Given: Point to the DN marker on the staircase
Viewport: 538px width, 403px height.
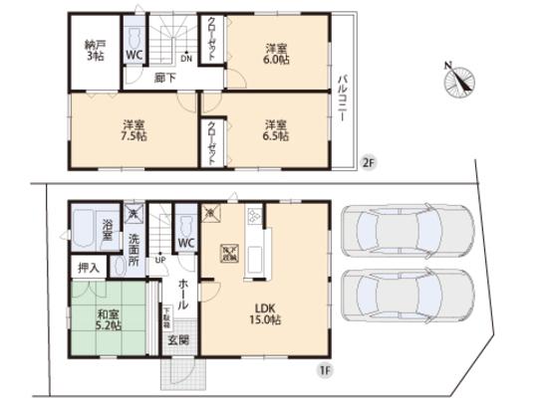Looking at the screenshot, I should coord(185,57).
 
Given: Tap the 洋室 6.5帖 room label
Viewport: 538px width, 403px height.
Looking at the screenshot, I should coord(277,130).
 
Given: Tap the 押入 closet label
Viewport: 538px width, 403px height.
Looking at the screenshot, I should coord(89,268).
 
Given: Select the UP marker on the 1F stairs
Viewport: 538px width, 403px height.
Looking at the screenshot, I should coord(160,261).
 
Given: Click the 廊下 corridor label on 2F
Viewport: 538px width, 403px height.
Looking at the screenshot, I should coord(163,78).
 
